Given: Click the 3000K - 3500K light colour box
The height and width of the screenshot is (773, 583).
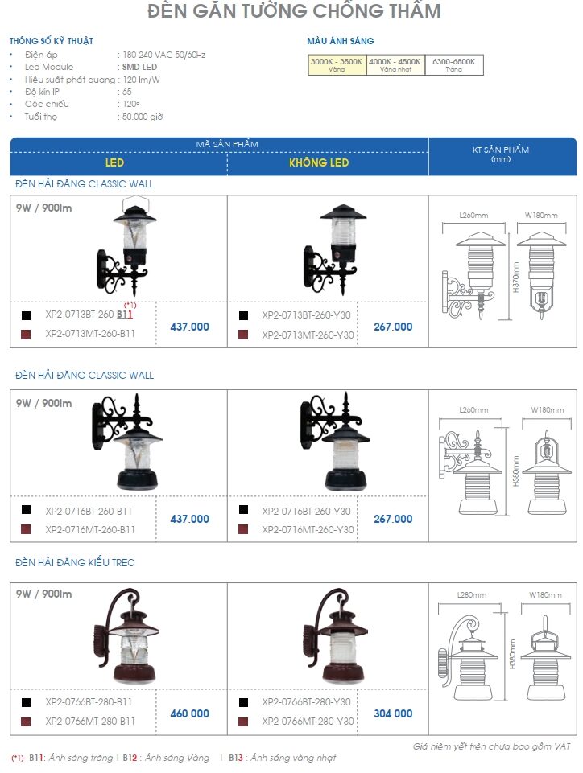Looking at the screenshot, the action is (x=337, y=64).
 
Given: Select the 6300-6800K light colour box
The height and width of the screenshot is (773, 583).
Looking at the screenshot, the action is (x=453, y=64).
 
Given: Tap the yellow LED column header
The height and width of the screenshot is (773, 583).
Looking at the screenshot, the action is (x=114, y=162).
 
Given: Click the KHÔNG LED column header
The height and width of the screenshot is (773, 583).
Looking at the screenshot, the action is (x=319, y=162).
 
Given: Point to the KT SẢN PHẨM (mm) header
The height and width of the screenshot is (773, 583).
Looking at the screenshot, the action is (x=501, y=154).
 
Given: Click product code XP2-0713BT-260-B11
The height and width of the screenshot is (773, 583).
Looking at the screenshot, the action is (x=89, y=315).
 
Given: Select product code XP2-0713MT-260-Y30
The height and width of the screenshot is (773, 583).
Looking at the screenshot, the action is (x=308, y=335).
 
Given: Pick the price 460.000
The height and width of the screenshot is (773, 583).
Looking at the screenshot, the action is (x=189, y=713).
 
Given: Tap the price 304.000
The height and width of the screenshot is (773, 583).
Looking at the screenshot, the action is (x=393, y=713).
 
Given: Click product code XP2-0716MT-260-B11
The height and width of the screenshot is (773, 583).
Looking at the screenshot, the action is (x=90, y=529).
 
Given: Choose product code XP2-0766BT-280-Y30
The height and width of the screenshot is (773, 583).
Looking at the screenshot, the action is (x=306, y=702).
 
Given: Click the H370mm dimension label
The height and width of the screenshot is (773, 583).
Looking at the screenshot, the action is (x=515, y=277).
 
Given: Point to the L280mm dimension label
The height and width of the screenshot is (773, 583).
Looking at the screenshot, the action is (x=471, y=595).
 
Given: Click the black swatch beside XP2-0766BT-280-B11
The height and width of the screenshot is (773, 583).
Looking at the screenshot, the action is (x=26, y=702).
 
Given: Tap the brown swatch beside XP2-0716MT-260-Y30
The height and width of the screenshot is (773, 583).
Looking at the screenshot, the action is (x=243, y=529).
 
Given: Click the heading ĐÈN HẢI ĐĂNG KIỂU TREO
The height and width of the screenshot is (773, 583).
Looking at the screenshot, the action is (x=75, y=562).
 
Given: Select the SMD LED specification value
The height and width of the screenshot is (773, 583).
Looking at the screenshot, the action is (x=139, y=67).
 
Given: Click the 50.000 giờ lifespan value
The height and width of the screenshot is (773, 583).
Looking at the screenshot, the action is (x=143, y=117).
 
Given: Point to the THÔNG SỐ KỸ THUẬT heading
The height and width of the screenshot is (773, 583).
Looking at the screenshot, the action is (x=52, y=41).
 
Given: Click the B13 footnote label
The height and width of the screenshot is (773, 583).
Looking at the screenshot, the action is (x=235, y=758).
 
